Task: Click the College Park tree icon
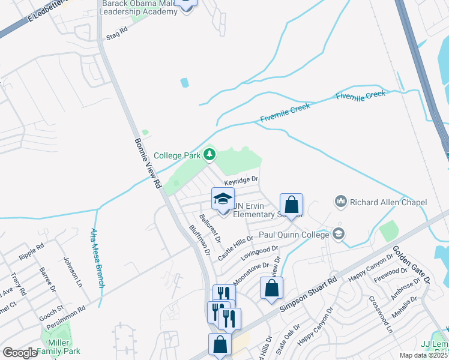tap(209, 155)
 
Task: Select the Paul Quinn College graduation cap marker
tap(338, 234)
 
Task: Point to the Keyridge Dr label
tap(241, 179)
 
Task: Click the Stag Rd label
tap(117, 32)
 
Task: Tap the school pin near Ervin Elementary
tap(223, 200)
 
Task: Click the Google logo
tap(20, 353)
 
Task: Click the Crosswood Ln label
tap(380, 314)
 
